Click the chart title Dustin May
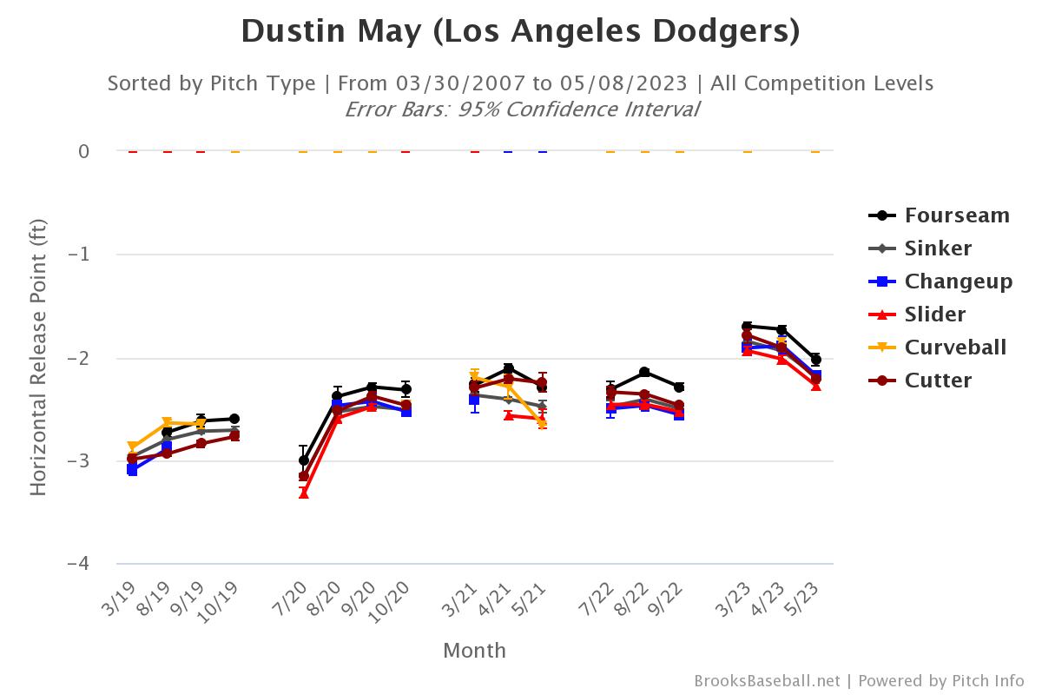(x=520, y=31)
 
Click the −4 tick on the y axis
(x=78, y=564)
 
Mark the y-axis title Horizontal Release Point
(x=38, y=357)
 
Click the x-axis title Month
(x=474, y=651)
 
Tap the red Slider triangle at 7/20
(x=304, y=493)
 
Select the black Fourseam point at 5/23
(x=815, y=360)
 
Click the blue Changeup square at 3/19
(x=132, y=470)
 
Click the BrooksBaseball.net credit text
(x=767, y=681)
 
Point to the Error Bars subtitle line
(x=521, y=109)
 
